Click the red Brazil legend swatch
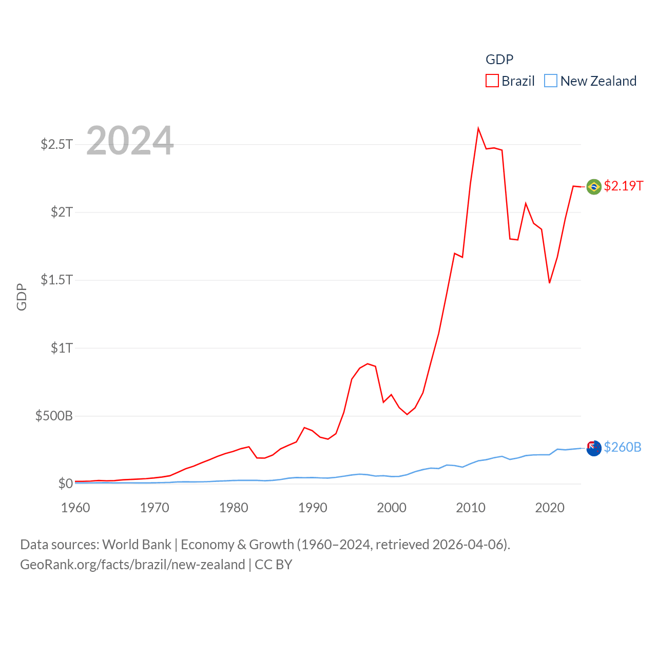point(492,81)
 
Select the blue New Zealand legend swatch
point(551,81)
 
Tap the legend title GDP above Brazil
point(499,60)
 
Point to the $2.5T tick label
point(56,144)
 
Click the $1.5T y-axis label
point(56,280)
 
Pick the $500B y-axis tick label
point(54,416)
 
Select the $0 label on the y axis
point(65,484)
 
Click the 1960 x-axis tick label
point(75,508)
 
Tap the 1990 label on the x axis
point(313,508)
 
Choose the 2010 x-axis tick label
point(471,508)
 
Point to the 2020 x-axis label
point(550,508)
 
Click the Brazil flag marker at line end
point(594,187)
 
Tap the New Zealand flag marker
point(594,448)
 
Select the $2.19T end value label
point(624,186)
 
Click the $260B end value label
point(623,447)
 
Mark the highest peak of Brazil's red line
point(478,128)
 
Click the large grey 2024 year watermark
point(130,141)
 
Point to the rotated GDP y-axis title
point(22,297)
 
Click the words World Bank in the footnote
point(137,545)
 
